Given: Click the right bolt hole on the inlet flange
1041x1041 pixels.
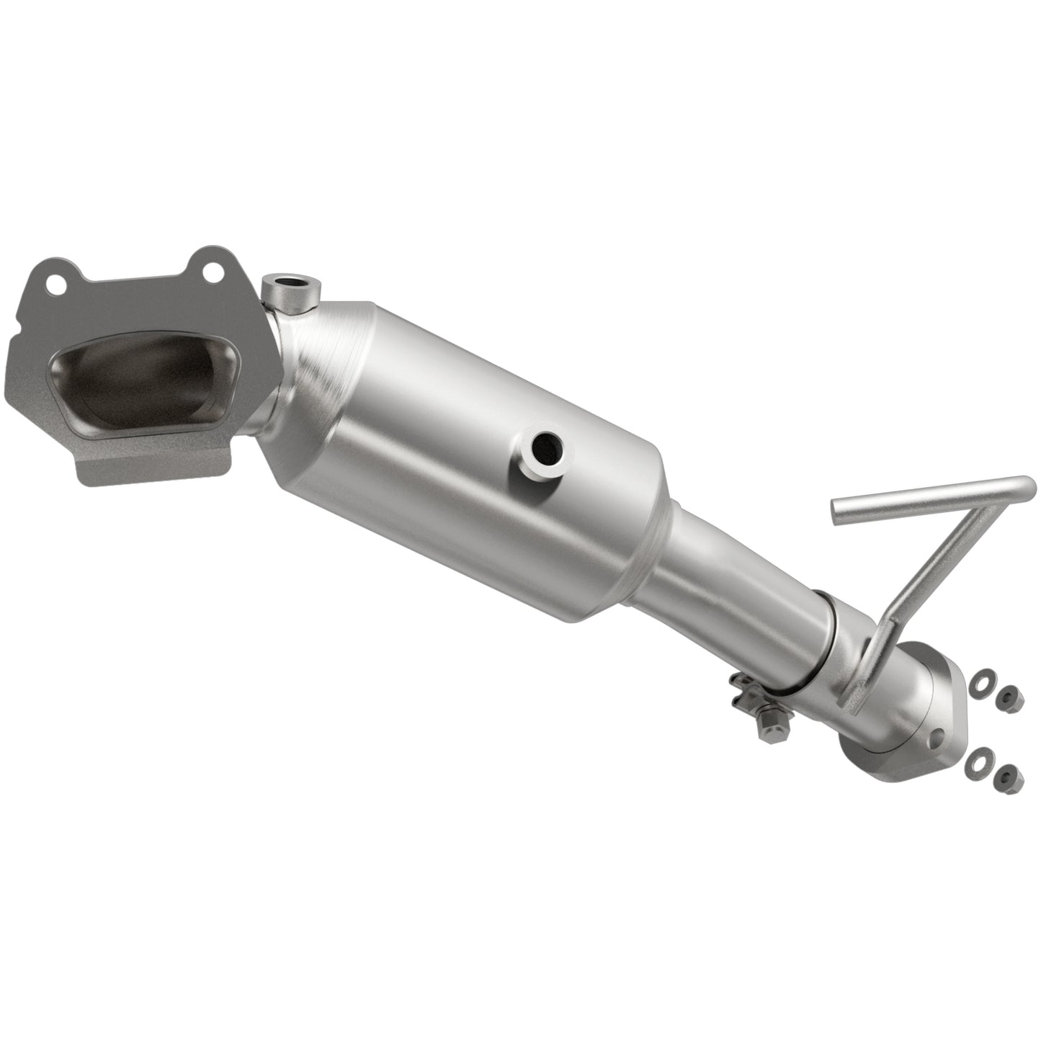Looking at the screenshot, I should click(211, 272).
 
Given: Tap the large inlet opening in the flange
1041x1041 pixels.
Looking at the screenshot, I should click(135, 381).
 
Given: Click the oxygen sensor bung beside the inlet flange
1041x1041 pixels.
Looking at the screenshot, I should click(290, 289).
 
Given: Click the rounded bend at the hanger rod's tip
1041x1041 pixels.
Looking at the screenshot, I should click(1027, 486).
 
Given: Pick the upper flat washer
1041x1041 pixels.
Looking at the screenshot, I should click(978, 681).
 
